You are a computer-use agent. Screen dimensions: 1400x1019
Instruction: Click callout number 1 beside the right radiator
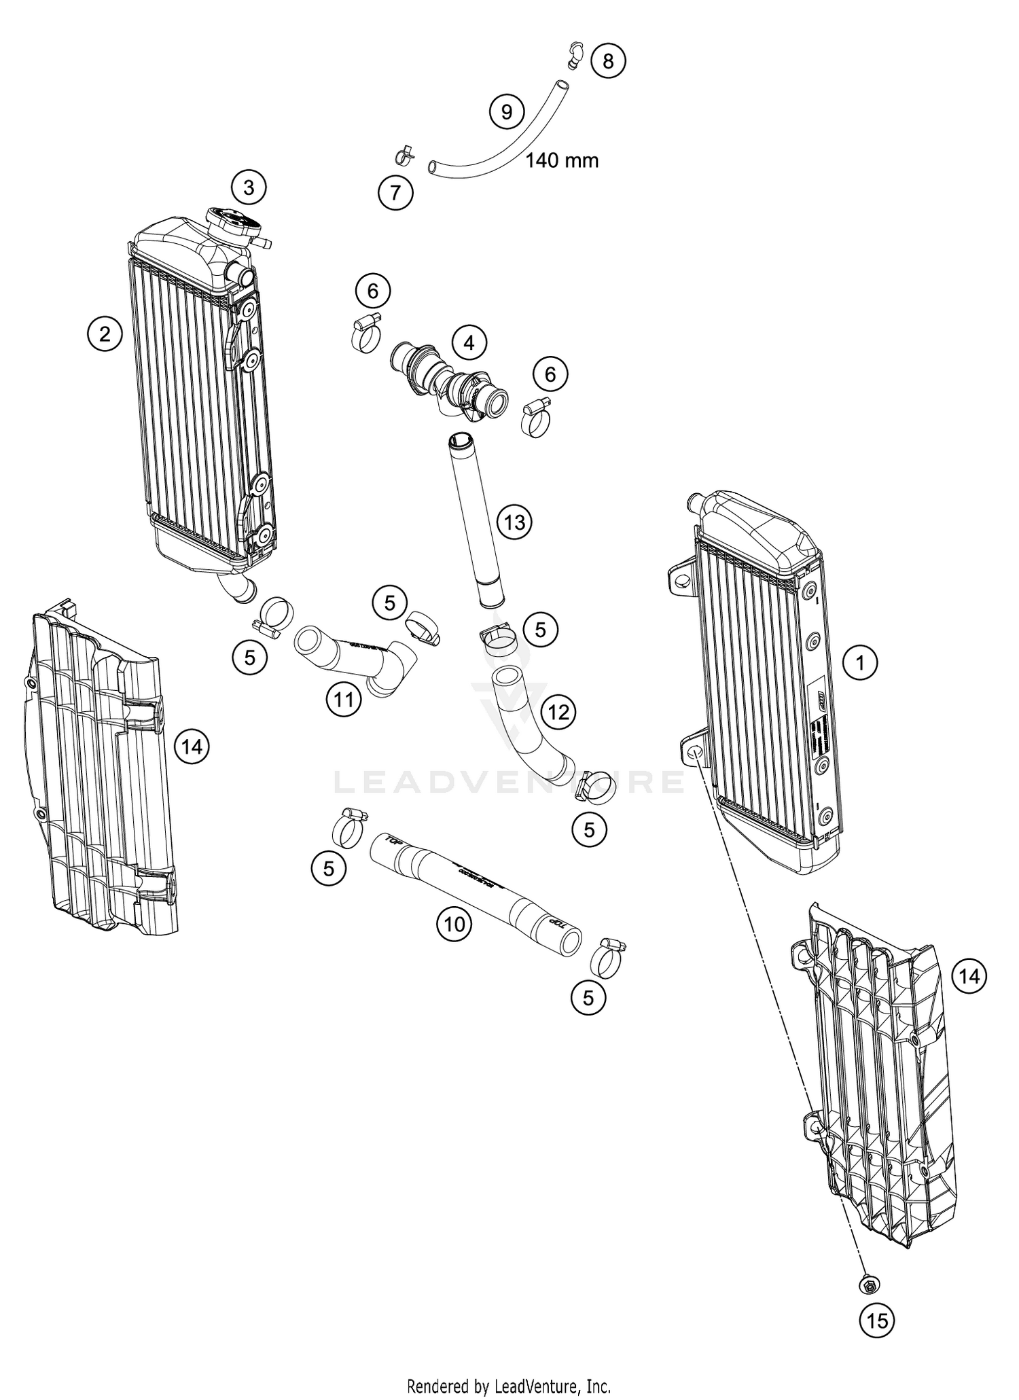tap(860, 662)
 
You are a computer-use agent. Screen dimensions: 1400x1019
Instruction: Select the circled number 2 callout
tap(105, 334)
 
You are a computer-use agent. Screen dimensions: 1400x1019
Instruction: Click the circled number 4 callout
tap(469, 343)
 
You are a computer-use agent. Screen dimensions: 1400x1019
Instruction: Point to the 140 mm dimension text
tap(562, 161)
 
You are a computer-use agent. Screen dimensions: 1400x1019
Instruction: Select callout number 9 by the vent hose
tap(507, 111)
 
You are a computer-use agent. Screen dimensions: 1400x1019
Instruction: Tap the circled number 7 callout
tap(395, 193)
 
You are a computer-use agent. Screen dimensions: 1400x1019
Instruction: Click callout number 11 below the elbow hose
tap(344, 698)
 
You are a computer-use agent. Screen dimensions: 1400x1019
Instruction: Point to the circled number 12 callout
tap(558, 712)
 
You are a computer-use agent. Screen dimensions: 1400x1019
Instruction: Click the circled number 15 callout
tap(877, 1321)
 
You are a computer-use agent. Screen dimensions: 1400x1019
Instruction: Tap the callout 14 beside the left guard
tap(192, 747)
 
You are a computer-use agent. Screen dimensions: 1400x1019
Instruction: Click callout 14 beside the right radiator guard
tap(969, 977)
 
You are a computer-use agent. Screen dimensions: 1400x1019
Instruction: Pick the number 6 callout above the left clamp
tap(373, 291)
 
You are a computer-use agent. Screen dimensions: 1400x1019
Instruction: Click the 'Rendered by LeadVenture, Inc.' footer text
tap(509, 1385)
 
